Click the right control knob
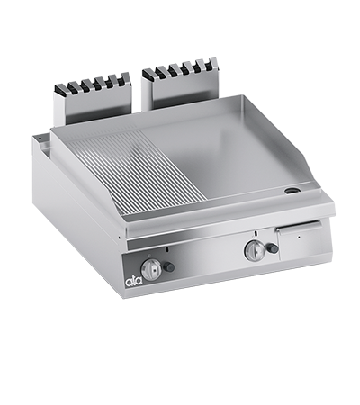[x=254, y=250]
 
